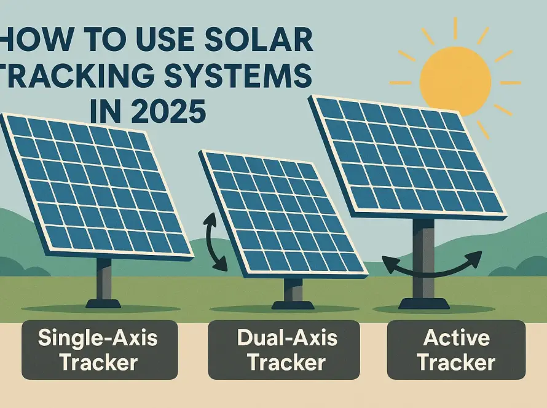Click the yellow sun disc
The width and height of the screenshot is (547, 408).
coord(455,82)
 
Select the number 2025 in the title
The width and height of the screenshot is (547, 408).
coord(168,111)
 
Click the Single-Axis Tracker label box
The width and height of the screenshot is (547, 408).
coord(100,350)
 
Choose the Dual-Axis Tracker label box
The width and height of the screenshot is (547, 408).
coord(284,350)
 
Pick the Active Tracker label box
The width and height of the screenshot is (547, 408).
coord(456,350)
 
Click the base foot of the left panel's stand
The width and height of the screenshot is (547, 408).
coord(103,304)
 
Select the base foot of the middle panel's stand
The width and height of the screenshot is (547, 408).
coord(293,305)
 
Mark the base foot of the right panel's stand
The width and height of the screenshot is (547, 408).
coord(424,304)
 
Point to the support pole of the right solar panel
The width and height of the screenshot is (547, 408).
coord(423,258)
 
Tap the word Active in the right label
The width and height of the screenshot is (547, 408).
coord(456,337)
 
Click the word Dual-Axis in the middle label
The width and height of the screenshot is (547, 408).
coord(287,337)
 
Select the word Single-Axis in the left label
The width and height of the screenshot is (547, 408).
coord(98,337)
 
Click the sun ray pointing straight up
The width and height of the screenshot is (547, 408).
coord(455,29)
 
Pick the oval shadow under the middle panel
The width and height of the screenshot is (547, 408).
coord(285,309)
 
